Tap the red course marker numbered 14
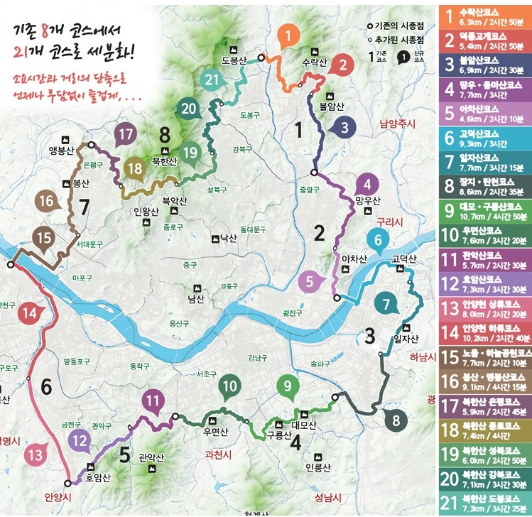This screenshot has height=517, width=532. (x=29, y=312)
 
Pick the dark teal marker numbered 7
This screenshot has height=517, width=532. (x=386, y=305)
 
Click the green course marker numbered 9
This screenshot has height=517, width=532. (x=288, y=387)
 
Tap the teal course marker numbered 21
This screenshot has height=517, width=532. (x=211, y=80)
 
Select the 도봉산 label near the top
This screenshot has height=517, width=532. (x=234, y=62)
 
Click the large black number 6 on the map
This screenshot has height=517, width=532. (x=47, y=388)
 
